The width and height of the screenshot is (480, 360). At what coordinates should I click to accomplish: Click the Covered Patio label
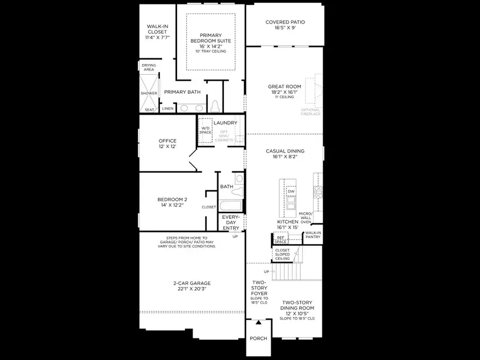pos(285,25)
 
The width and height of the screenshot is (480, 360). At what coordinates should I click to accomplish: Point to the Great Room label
pos(285,90)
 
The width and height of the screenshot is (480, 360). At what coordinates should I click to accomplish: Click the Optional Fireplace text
pos(311,113)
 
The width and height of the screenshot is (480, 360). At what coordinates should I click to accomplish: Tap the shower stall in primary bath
pos(149,93)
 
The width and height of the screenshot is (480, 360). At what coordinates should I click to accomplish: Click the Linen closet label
pos(167,109)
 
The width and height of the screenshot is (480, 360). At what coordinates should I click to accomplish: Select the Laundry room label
pos(225,123)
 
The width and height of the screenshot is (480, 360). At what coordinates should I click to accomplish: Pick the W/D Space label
pos(205,130)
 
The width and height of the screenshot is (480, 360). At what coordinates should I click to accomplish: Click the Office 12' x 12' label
pos(167,144)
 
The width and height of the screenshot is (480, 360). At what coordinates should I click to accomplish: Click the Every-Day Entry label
pos(231,222)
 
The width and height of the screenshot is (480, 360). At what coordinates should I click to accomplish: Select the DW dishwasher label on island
pos(291,191)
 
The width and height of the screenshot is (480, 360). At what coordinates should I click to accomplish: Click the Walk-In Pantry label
pos(313,235)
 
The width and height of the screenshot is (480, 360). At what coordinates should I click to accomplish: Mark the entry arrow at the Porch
pos(258,322)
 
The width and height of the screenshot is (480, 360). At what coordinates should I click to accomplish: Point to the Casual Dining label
pos(285,154)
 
